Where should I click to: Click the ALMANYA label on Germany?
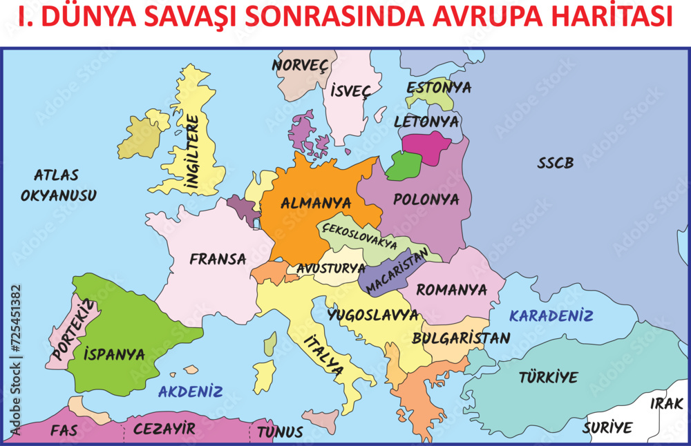pos(315,204)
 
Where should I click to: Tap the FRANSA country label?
pos(218,260)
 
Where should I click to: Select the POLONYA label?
pos(426,200)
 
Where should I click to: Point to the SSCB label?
pos(556,164)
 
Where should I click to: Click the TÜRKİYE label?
pos(548,378)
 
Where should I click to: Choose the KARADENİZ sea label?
pos(551,316)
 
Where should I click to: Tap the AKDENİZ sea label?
pos(190,392)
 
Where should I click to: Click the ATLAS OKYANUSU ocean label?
pos(58,185)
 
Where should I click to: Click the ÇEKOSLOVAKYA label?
pos(359,236)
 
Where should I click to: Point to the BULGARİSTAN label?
pos(461,338)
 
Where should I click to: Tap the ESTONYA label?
pos(439,88)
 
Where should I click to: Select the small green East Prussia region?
pos(404,166)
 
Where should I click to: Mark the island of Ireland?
pos(142,136)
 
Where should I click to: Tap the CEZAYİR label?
pos(164,429)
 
